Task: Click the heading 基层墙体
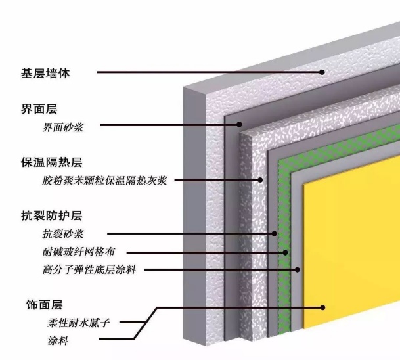45,73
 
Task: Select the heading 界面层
39,109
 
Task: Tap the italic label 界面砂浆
63,127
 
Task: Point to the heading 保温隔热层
51,162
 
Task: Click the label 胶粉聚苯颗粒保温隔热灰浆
104,181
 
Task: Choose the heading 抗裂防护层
51,215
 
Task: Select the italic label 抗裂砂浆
63,234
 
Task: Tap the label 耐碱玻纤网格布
79,252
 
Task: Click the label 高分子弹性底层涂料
89,269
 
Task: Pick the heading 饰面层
45,305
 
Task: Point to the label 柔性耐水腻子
79,323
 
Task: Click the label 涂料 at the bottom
58,340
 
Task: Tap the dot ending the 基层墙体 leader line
322,72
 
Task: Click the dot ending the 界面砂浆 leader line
239,125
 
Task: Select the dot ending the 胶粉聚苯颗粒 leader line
260,180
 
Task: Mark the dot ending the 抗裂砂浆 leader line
275,233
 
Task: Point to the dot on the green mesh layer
285,252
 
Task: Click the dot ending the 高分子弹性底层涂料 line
297,270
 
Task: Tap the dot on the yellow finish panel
322,307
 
